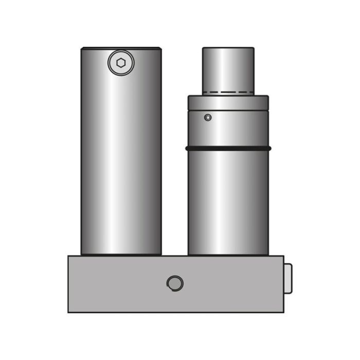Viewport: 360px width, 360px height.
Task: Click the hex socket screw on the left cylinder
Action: click(120, 63)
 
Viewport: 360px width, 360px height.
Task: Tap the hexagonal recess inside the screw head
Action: click(120, 63)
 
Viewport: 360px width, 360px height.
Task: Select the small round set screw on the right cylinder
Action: click(208, 117)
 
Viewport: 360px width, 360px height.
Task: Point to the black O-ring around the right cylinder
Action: click(228, 149)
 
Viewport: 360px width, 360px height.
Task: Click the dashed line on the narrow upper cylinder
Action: click(228, 94)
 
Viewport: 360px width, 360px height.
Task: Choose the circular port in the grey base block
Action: click(175, 283)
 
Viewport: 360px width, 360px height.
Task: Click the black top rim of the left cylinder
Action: click(121, 48)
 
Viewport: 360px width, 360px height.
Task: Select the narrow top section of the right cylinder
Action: click(228, 69)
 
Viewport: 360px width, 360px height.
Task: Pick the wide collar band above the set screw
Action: click(228, 102)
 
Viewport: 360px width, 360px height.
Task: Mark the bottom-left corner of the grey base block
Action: click(69, 312)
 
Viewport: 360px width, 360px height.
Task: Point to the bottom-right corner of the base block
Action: click(283, 312)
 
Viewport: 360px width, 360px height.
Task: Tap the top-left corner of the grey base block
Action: click(69, 257)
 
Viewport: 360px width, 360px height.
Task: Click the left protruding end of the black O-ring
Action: click(187, 149)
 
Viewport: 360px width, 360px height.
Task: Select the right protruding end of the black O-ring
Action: click(269, 149)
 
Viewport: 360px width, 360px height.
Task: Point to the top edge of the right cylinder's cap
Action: click(228, 48)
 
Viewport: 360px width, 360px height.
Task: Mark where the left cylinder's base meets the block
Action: click(121, 255)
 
